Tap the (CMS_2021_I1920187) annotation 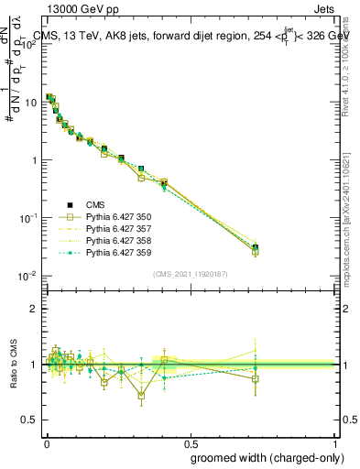[190, 274]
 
